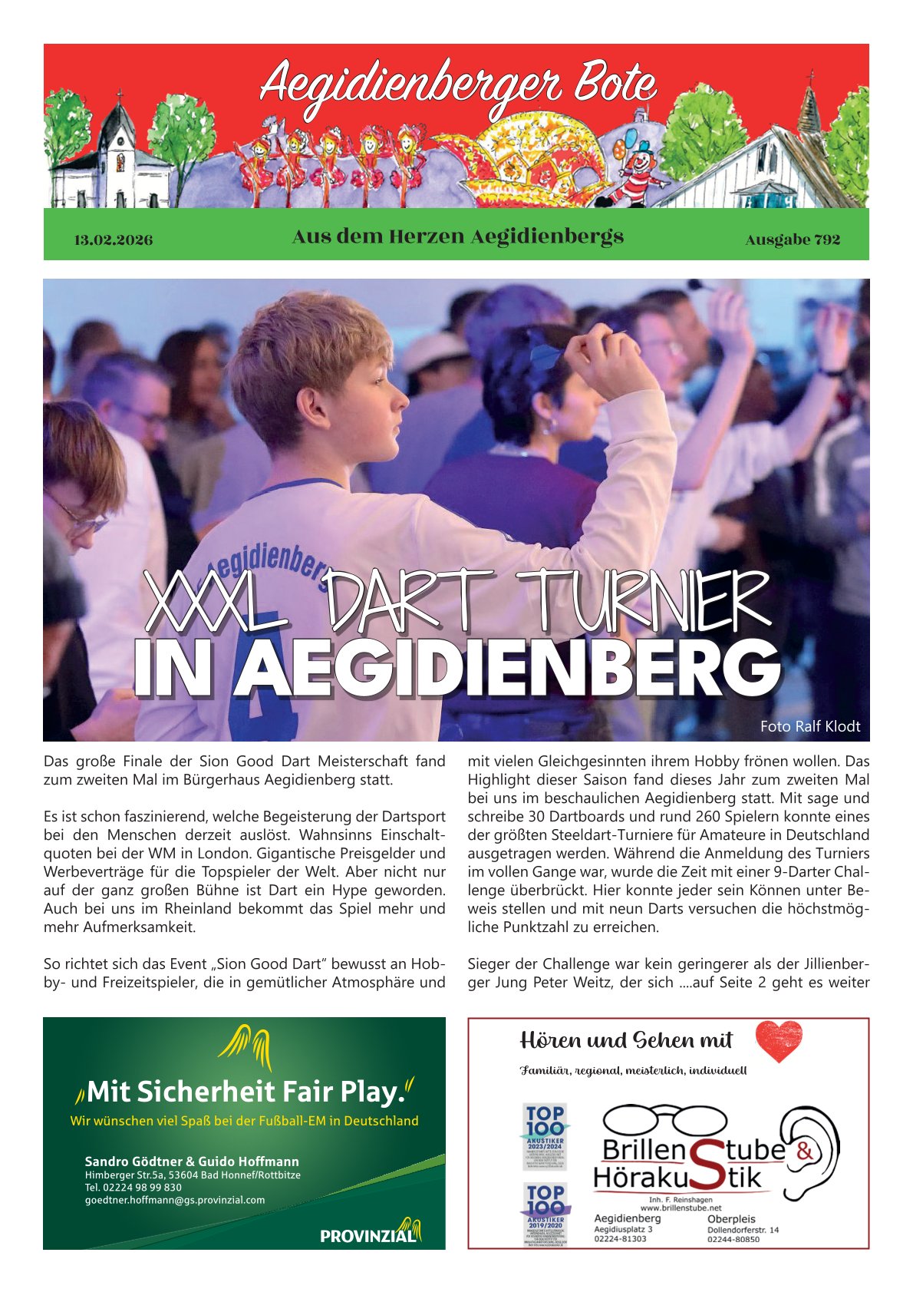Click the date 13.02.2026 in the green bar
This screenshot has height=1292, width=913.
pyautogui.click(x=113, y=240)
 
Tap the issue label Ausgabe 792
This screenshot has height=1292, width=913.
pyautogui.click(x=793, y=240)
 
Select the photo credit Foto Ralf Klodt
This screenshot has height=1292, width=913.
pyautogui.click(x=809, y=726)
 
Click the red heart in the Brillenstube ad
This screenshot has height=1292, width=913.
pyautogui.click(x=778, y=1040)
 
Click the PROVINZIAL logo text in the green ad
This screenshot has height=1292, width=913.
pyautogui.click(x=368, y=1236)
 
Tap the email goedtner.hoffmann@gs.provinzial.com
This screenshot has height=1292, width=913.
pyautogui.click(x=175, y=1200)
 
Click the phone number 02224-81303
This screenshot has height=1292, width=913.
pyautogui.click(x=620, y=1238)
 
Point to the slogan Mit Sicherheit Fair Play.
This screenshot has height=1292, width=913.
pyautogui.click(x=246, y=1091)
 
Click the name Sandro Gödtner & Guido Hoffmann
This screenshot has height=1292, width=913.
pyautogui.click(x=192, y=1161)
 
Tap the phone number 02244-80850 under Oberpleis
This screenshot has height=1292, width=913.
pyautogui.click(x=733, y=1239)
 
